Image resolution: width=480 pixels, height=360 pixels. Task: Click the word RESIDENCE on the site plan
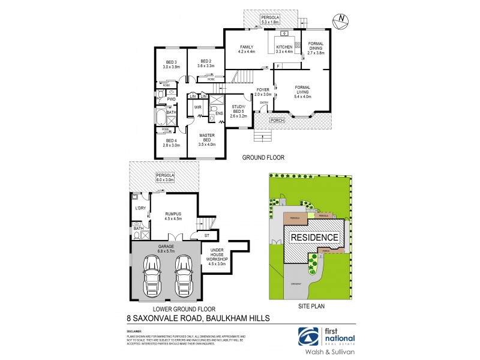coord(314,238)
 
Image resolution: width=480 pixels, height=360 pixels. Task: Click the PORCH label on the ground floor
coord(277,119)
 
